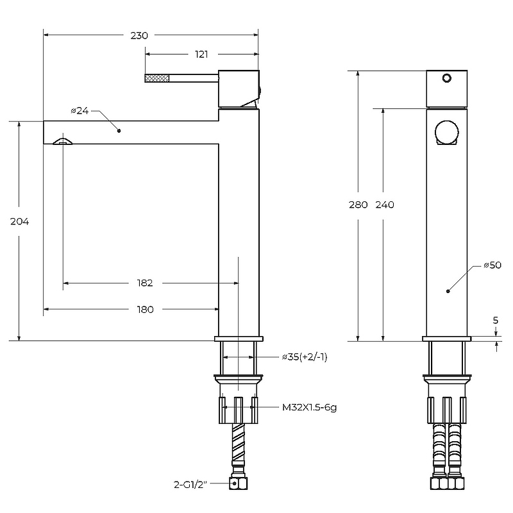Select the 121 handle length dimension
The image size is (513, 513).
click(x=201, y=55)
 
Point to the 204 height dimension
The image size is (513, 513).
click(x=20, y=221)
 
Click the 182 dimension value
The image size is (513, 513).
click(x=145, y=283)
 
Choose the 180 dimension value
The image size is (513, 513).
click(x=145, y=310)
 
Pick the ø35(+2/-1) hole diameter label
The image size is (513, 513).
click(x=305, y=357)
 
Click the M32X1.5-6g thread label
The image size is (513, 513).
click(x=310, y=407)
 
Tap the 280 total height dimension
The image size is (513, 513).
click(x=358, y=205)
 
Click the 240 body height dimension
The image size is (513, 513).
click(x=385, y=205)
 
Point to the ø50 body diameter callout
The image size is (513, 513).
click(x=492, y=265)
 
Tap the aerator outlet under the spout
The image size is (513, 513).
click(x=63, y=141)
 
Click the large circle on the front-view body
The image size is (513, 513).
click(x=446, y=132)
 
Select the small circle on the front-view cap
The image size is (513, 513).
click(x=446, y=79)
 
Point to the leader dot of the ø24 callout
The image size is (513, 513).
click(x=119, y=131)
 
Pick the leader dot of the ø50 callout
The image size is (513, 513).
click(x=447, y=292)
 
